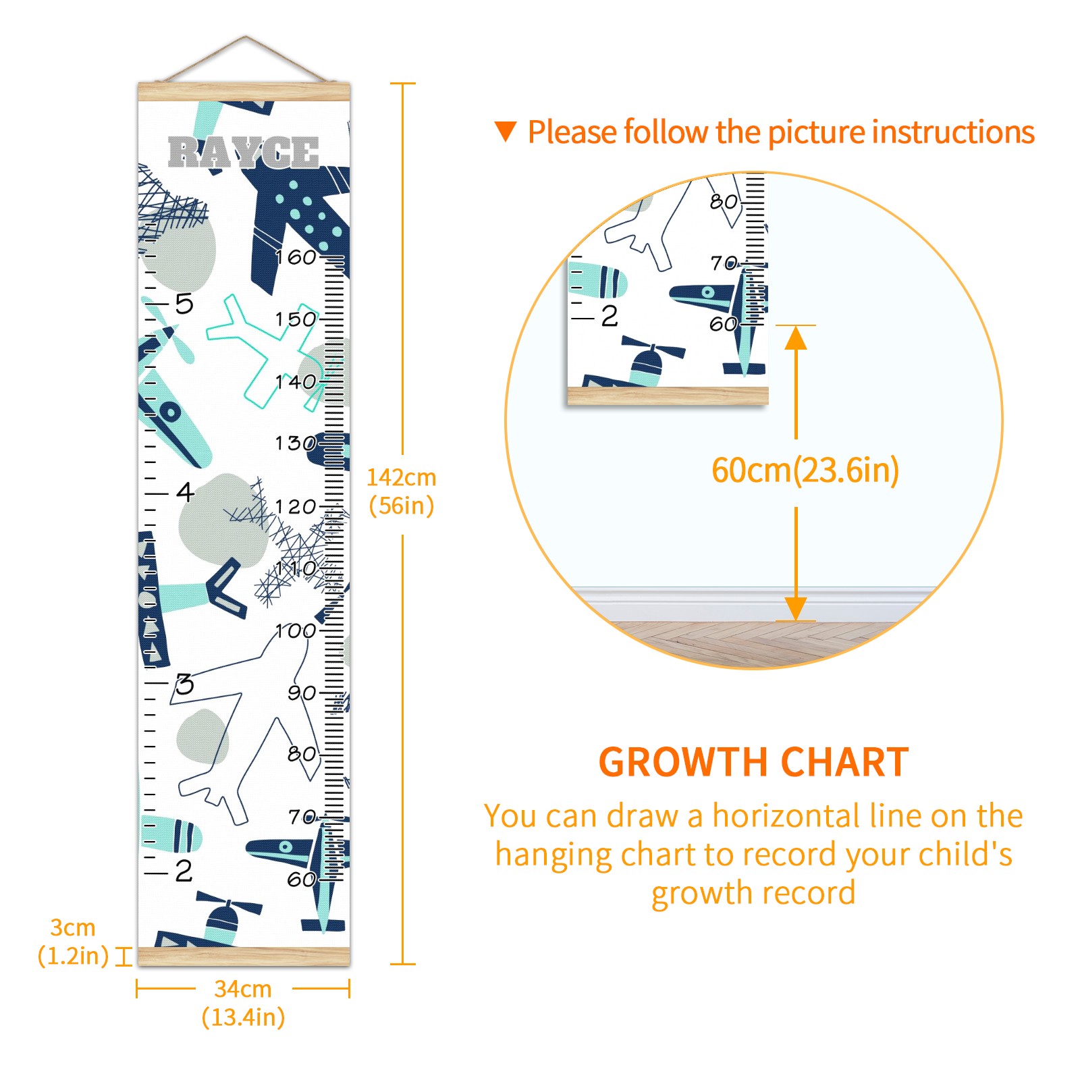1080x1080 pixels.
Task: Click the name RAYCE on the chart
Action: (x=243, y=152)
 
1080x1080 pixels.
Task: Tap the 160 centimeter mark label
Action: (x=296, y=257)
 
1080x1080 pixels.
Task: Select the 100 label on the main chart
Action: (x=296, y=631)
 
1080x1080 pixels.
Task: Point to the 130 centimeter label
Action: (x=296, y=443)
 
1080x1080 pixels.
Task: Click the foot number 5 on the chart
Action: (x=184, y=304)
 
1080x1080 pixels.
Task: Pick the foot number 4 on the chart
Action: (x=185, y=491)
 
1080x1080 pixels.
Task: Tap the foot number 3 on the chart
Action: (x=185, y=684)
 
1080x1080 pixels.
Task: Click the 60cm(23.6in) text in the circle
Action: (x=805, y=470)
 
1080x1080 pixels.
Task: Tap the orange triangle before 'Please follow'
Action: (x=506, y=132)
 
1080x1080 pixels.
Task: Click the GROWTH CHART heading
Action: (x=754, y=762)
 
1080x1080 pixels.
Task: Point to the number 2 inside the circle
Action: (x=610, y=316)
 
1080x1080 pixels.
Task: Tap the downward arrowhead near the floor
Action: (x=796, y=609)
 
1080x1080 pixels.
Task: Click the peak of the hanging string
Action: (x=246, y=36)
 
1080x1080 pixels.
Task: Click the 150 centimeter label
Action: (x=296, y=319)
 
